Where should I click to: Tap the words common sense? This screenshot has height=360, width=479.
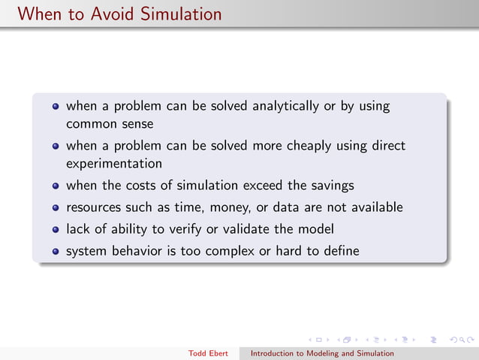[110, 123]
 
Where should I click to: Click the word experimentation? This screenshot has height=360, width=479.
[113, 163]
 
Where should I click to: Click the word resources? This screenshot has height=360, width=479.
[93, 207]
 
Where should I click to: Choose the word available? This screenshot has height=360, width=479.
[375, 207]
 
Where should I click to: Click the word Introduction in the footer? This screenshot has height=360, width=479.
[273, 353]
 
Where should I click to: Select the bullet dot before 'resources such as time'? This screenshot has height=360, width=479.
[56, 207]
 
